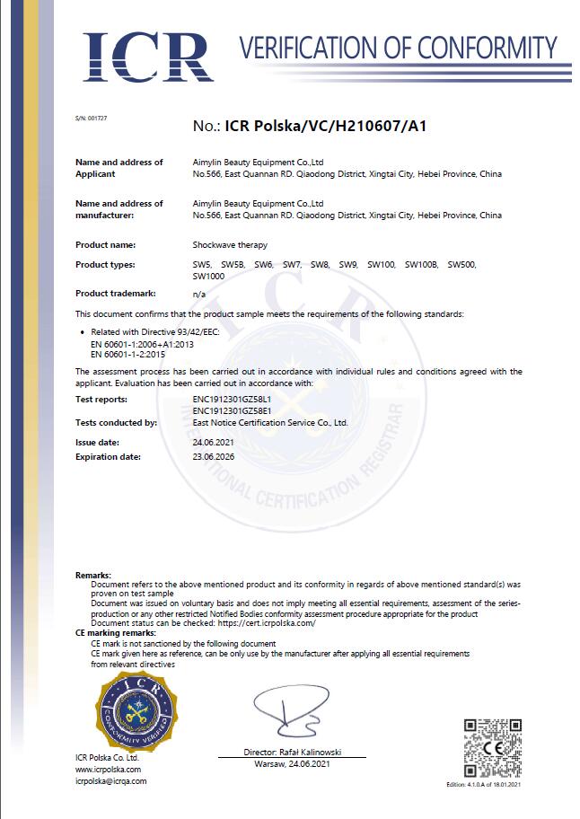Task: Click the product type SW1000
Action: (208, 275)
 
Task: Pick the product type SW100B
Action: (421, 264)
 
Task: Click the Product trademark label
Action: (116, 294)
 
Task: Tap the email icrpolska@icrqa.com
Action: (110, 781)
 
